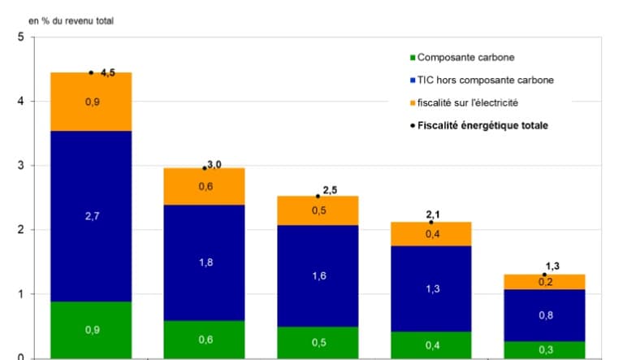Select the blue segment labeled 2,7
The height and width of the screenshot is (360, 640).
point(91,215)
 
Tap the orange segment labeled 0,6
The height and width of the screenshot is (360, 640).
point(205,186)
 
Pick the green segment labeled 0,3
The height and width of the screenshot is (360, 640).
point(545,349)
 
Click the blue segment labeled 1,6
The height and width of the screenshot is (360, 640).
point(318,275)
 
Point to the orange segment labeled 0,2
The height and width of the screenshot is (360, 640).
point(545,282)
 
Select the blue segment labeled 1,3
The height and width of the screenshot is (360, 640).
point(431,288)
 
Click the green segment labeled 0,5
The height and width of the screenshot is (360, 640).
point(318,342)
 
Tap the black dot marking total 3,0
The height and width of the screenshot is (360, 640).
point(205,168)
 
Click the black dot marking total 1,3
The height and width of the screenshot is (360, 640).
point(545,275)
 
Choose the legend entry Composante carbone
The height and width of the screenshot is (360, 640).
point(465,58)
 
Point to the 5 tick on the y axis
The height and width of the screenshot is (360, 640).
point(20,37)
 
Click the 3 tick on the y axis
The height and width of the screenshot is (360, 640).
point(20,166)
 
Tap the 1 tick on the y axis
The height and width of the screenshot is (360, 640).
point(20,294)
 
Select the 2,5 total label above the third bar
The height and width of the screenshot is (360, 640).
point(330,190)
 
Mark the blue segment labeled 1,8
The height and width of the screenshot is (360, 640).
point(205,262)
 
